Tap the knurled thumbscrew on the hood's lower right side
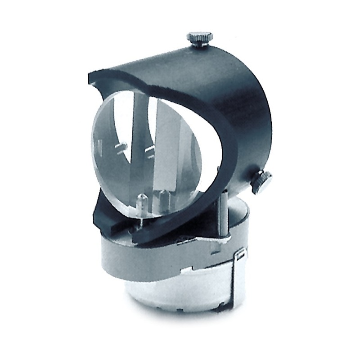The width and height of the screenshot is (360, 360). pyautogui.click(x=262, y=181)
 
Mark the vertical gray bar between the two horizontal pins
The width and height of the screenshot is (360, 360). pyautogui.click(x=135, y=148)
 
